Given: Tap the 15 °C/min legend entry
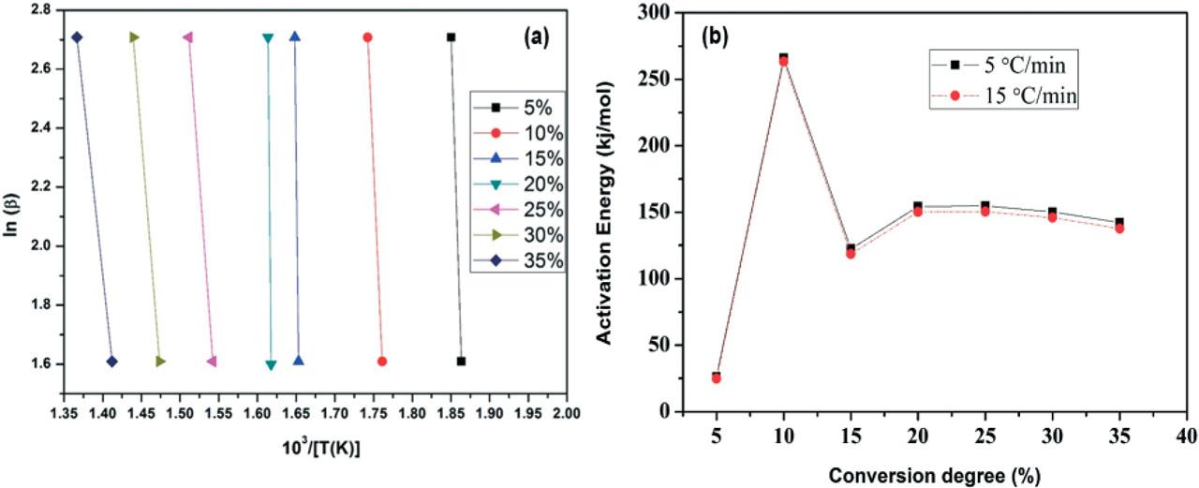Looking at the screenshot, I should (1018, 96).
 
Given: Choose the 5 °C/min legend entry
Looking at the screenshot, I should (1018, 65).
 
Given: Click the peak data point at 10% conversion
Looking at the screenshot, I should (783, 59).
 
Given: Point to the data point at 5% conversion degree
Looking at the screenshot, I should (717, 377).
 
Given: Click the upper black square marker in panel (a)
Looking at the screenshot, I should (451, 37).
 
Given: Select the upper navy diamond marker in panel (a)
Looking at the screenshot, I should (77, 37).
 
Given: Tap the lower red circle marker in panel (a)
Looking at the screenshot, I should (381, 362).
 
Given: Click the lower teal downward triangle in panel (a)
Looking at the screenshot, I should (271, 365).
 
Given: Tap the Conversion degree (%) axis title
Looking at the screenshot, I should (923, 473).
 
